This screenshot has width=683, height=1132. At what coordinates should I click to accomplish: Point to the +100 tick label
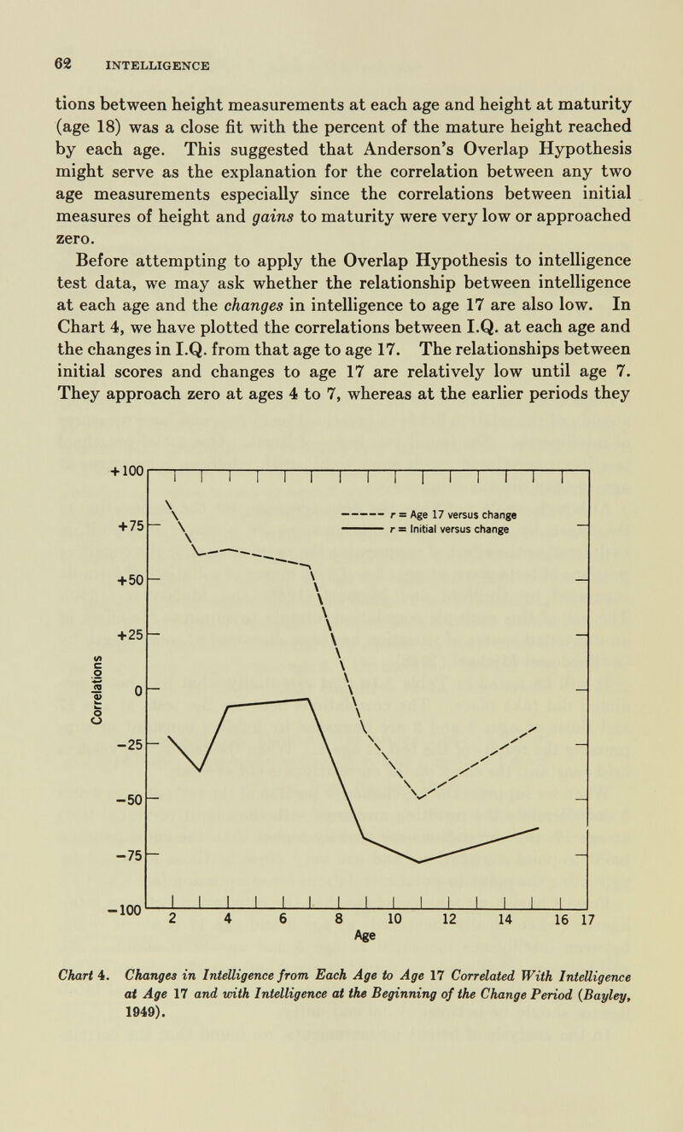click(x=126, y=471)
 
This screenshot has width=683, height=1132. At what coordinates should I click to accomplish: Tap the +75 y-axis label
click(x=129, y=525)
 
